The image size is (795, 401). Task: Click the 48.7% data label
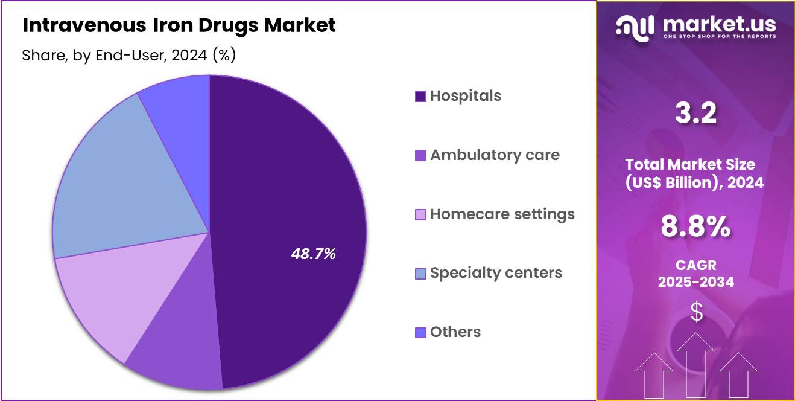[313, 254]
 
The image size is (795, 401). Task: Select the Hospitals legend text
[465, 96]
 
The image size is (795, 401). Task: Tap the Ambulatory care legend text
[495, 155]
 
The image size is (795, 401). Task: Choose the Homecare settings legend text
[502, 214]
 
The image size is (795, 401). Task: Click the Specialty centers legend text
[496, 273]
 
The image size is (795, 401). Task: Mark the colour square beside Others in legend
[420, 332]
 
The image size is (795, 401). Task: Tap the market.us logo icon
[635, 28]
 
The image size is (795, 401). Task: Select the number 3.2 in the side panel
[695, 113]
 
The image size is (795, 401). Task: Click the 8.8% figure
[695, 226]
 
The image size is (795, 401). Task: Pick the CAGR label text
[695, 266]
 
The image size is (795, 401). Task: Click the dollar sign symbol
[696, 312]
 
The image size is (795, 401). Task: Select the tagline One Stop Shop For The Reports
[719, 37]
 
